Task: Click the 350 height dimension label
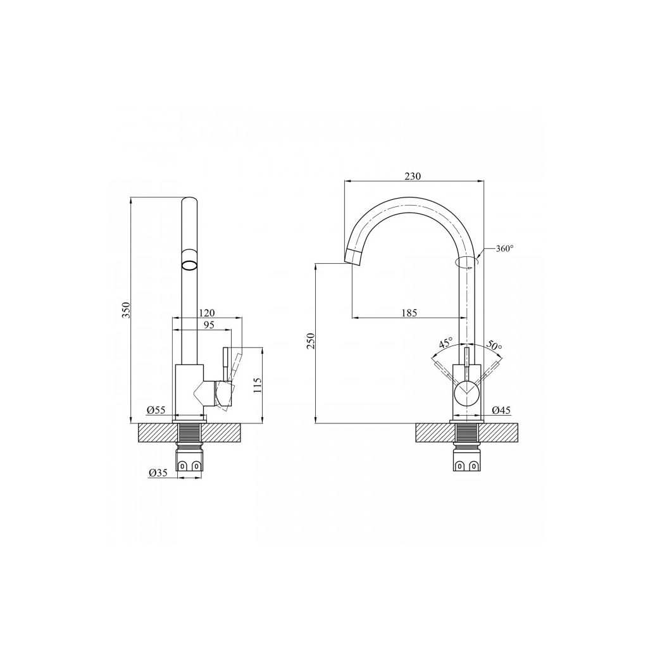tap(126, 310)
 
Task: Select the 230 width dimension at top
tap(413, 177)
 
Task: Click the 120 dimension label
tap(206, 313)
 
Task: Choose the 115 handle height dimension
tap(258, 385)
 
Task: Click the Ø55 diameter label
tap(156, 410)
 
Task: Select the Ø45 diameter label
tap(501, 410)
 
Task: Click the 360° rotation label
tap(504, 248)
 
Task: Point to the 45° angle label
tap(445, 343)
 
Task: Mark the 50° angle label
tap(494, 346)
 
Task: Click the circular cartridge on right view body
tap(467, 393)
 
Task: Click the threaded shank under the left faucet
tap(190, 433)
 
